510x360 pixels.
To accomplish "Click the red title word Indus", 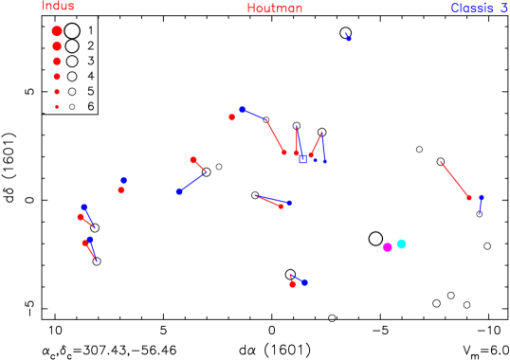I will tap(58, 7).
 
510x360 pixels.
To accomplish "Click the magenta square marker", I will tap(388, 247).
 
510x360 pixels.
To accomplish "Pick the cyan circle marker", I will tap(401, 243).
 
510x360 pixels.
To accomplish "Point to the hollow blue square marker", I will tap(303, 160).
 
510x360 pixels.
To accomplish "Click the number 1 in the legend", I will tap(91, 30).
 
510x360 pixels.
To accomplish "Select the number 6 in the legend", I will tap(91, 107).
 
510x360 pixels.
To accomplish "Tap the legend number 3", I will tap(91, 61).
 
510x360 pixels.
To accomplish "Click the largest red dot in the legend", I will tap(57, 30).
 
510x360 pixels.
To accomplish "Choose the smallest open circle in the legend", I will tap(72, 107).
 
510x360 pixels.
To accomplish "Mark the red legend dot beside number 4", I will tap(57, 76).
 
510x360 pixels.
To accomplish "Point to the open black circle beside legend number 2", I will tap(72, 45).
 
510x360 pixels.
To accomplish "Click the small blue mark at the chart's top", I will tap(349, 37).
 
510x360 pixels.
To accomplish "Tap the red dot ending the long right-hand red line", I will tap(469, 197).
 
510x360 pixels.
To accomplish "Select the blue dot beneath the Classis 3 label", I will tap(482, 198).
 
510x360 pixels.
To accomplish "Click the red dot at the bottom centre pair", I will tap(293, 283).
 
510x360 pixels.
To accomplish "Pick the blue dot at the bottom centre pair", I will tap(304, 282).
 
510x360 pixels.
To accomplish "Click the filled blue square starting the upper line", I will tap(243, 110).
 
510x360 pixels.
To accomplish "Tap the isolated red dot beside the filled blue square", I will tap(232, 117).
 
